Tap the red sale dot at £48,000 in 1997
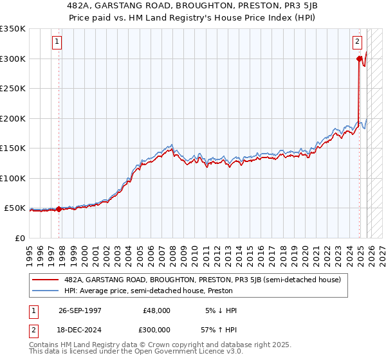pyautogui.click(x=59, y=209)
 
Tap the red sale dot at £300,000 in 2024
pyautogui.click(x=359, y=59)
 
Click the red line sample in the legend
pyautogui.click(x=44, y=280)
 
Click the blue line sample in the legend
pyautogui.click(x=44, y=291)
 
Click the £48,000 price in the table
pyautogui.click(x=156, y=310)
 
